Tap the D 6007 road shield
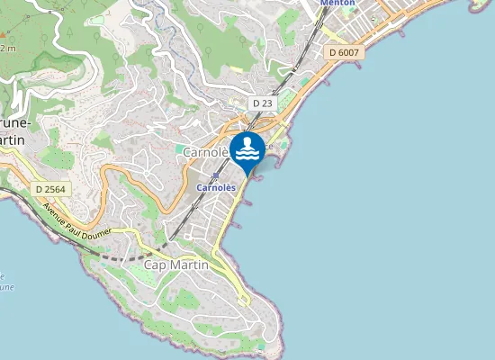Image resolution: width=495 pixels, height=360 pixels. [x=344, y=53]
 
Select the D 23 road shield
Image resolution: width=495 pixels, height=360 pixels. [x=262, y=103]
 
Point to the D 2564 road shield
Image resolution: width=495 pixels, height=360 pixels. [x=50, y=189]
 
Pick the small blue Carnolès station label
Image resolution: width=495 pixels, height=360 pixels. [x=216, y=187]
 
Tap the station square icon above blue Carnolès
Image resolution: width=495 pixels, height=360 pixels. [x=215, y=176]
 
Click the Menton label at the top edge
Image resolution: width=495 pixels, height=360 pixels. [x=338, y=3]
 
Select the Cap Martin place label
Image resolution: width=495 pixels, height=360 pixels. [x=176, y=265]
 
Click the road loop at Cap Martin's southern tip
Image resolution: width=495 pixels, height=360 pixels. [x=243, y=300]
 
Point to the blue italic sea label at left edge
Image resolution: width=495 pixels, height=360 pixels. [x=4, y=281]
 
